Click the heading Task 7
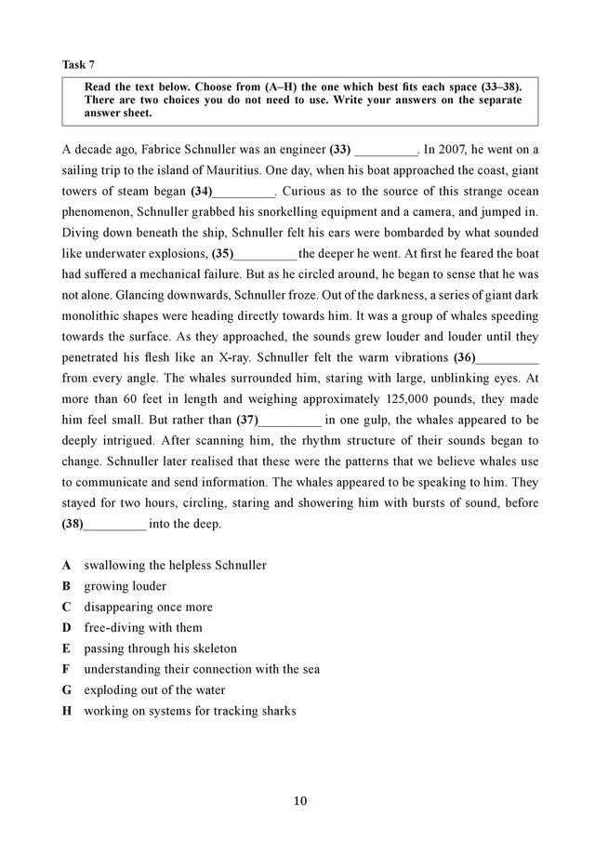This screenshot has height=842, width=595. pyautogui.click(x=78, y=64)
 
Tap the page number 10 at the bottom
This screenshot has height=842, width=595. pyautogui.click(x=297, y=801)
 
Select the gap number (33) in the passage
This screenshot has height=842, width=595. pyautogui.click(x=340, y=149)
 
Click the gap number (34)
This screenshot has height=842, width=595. pyautogui.click(x=201, y=191)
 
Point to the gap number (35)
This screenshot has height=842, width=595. pyautogui.click(x=222, y=253)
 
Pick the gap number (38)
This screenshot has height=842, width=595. pyautogui.click(x=73, y=524)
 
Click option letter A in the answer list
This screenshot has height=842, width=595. pyautogui.click(x=67, y=565)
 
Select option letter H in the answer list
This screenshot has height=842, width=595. pyautogui.click(x=67, y=711)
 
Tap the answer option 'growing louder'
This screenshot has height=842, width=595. pyautogui.click(x=125, y=586)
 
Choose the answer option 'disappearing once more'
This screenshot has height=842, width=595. pyautogui.click(x=148, y=607)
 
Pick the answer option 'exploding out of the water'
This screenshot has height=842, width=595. pyautogui.click(x=154, y=690)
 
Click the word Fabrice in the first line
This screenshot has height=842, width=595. pyautogui.click(x=150, y=149)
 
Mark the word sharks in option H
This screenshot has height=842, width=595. pyautogui.click(x=276, y=711)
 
